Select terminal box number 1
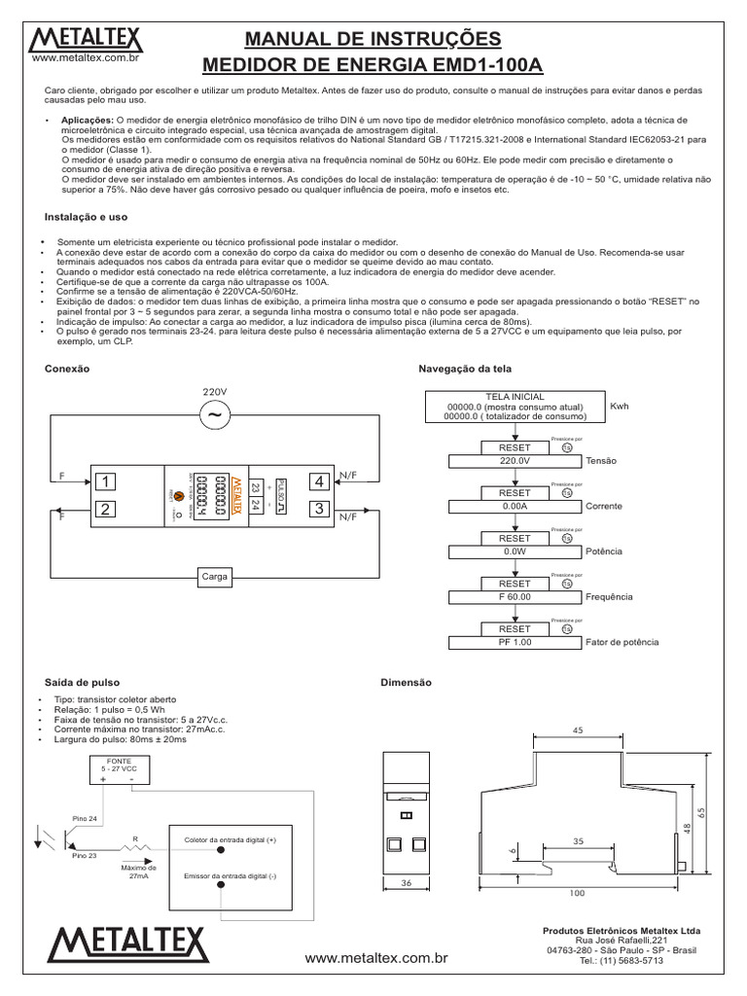pyautogui.click(x=104, y=480)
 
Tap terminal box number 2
pyautogui.click(x=104, y=509)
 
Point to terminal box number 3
pyautogui.click(x=317, y=509)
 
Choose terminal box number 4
pyautogui.click(x=317, y=480)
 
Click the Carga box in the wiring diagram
pyautogui.click(x=214, y=577)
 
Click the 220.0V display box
pyautogui.click(x=514, y=461)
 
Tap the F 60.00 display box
pyautogui.click(x=514, y=596)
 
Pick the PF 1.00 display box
pyautogui.click(x=514, y=642)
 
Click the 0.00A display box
pyautogui.click(x=514, y=506)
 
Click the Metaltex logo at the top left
pyautogui.click(x=87, y=41)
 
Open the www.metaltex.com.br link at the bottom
pyautogui.click(x=375, y=958)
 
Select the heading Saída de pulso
pyautogui.click(x=83, y=683)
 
